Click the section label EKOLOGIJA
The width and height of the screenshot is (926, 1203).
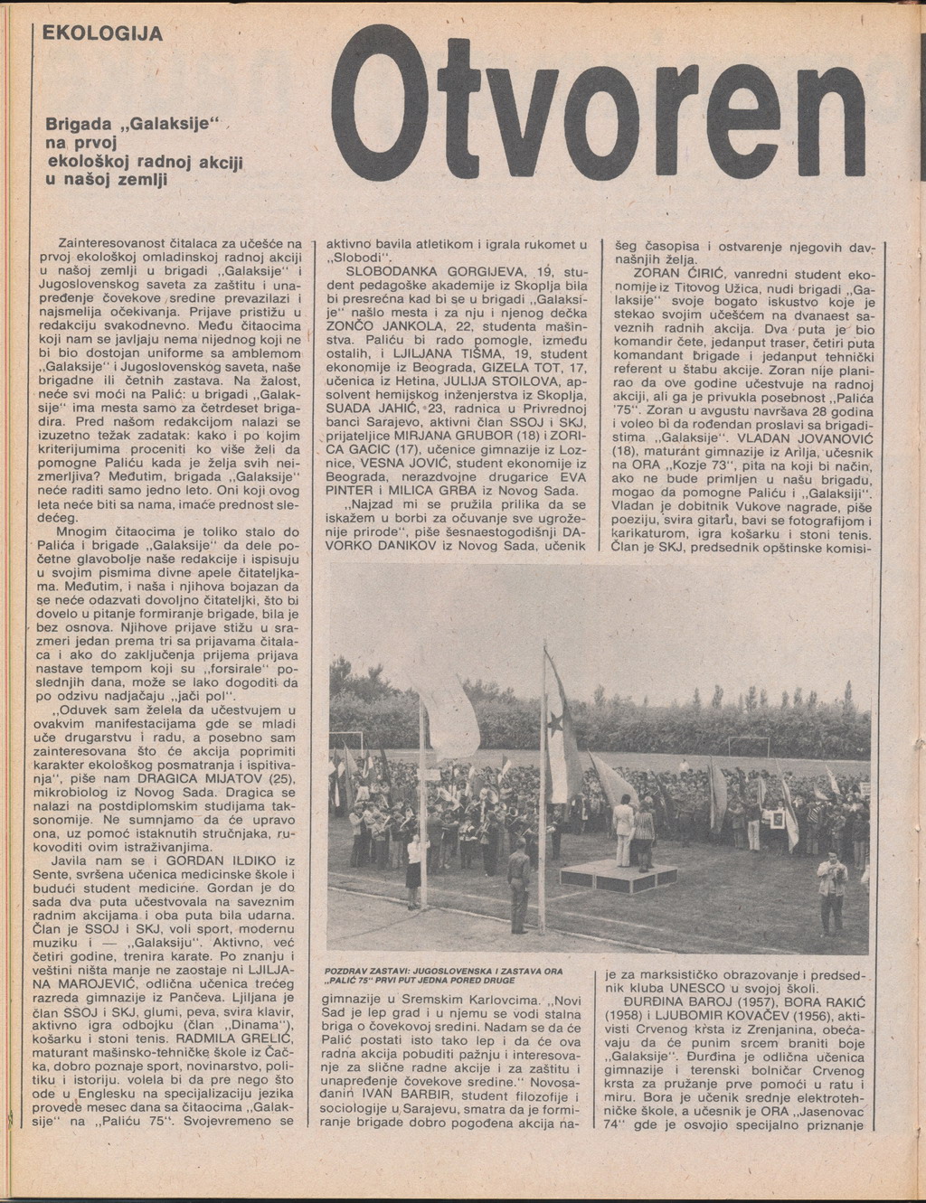pyautogui.click(x=102, y=33)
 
